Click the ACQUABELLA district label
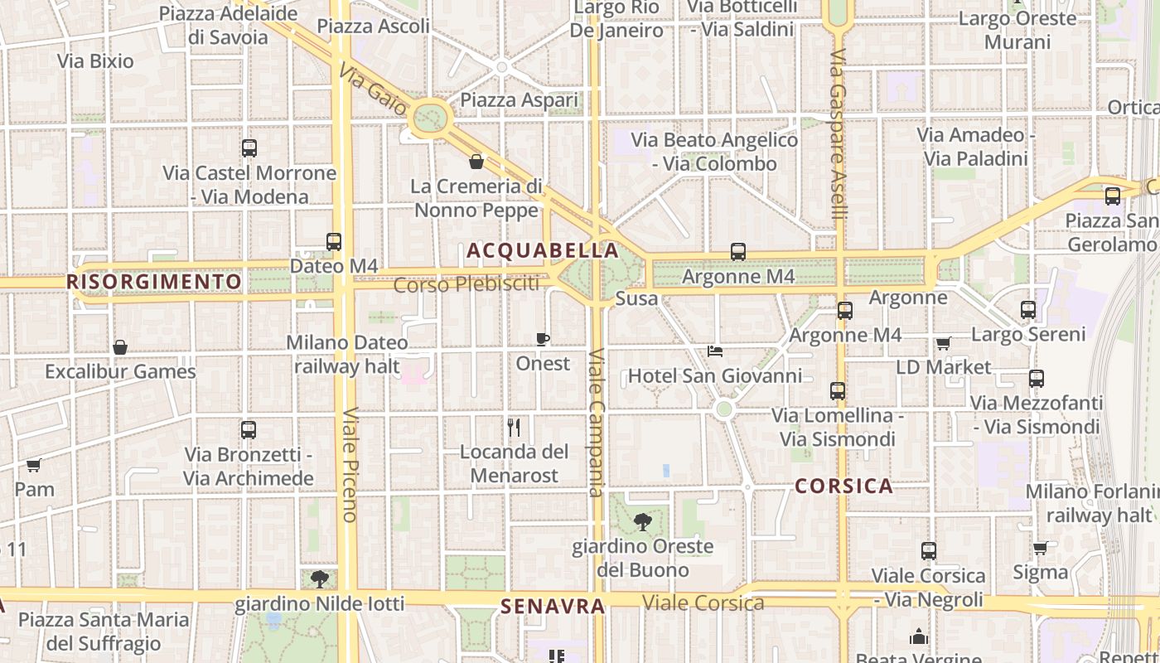click(543, 250)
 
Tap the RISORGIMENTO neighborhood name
click(154, 282)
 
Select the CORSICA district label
click(843, 486)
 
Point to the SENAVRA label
click(553, 607)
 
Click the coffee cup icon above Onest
click(543, 339)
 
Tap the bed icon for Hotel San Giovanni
click(715, 351)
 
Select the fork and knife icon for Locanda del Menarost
click(514, 428)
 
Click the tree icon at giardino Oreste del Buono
click(642, 522)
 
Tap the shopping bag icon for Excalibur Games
click(120, 346)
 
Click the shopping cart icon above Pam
click(34, 465)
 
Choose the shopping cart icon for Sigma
click(1040, 548)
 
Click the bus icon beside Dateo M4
click(334, 242)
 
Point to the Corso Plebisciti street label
click(466, 285)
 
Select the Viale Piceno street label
click(349, 464)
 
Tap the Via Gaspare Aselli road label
click(839, 135)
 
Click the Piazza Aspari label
click(519, 100)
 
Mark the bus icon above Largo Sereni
click(1028, 310)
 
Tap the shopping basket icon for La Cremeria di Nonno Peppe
click(476, 161)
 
